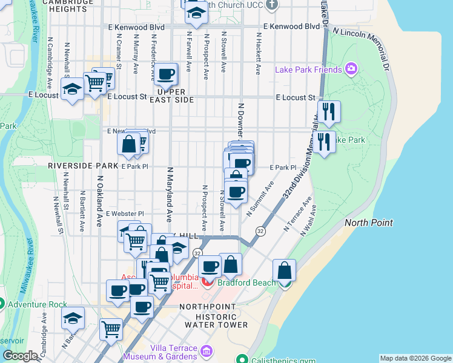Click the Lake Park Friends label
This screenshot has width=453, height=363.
308,70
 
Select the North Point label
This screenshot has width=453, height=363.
369,223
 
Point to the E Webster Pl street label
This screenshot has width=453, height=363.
125,214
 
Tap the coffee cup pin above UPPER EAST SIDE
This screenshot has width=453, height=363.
165,75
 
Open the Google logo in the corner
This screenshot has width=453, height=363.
20,356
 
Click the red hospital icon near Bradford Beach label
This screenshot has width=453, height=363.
208,281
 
